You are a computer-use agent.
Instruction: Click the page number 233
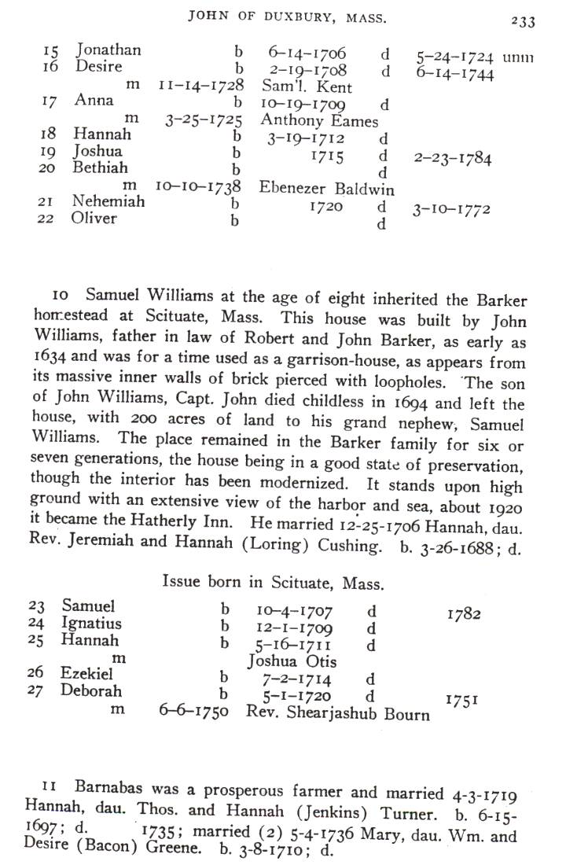coord(522,21)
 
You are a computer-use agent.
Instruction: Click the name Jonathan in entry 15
coord(108,51)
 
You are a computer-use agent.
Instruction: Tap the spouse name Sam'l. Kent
coord(307,87)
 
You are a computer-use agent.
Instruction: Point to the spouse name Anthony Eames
coord(319,121)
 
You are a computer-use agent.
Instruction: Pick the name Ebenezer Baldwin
coord(327,190)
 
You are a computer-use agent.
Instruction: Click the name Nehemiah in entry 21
coord(108,202)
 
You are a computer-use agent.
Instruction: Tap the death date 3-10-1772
coord(453,210)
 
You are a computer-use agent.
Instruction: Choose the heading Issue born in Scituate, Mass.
coord(273,583)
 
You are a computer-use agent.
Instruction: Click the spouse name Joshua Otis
coord(292,661)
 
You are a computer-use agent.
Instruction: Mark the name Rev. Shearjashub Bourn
coord(338,714)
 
